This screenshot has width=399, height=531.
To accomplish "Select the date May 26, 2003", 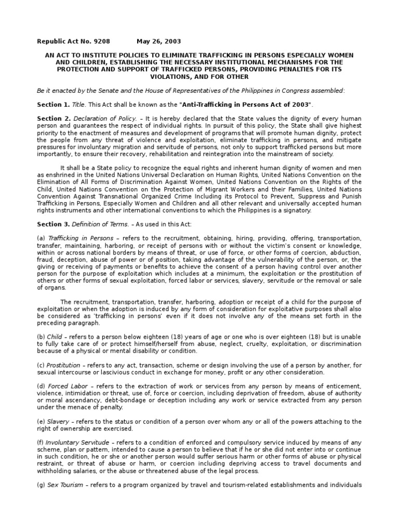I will pos(159,41).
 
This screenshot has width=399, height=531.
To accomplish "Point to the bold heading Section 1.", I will pos(52,104).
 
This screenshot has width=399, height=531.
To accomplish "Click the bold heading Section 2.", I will pos(52,119).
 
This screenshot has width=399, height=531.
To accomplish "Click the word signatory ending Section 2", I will pos(296,210).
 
